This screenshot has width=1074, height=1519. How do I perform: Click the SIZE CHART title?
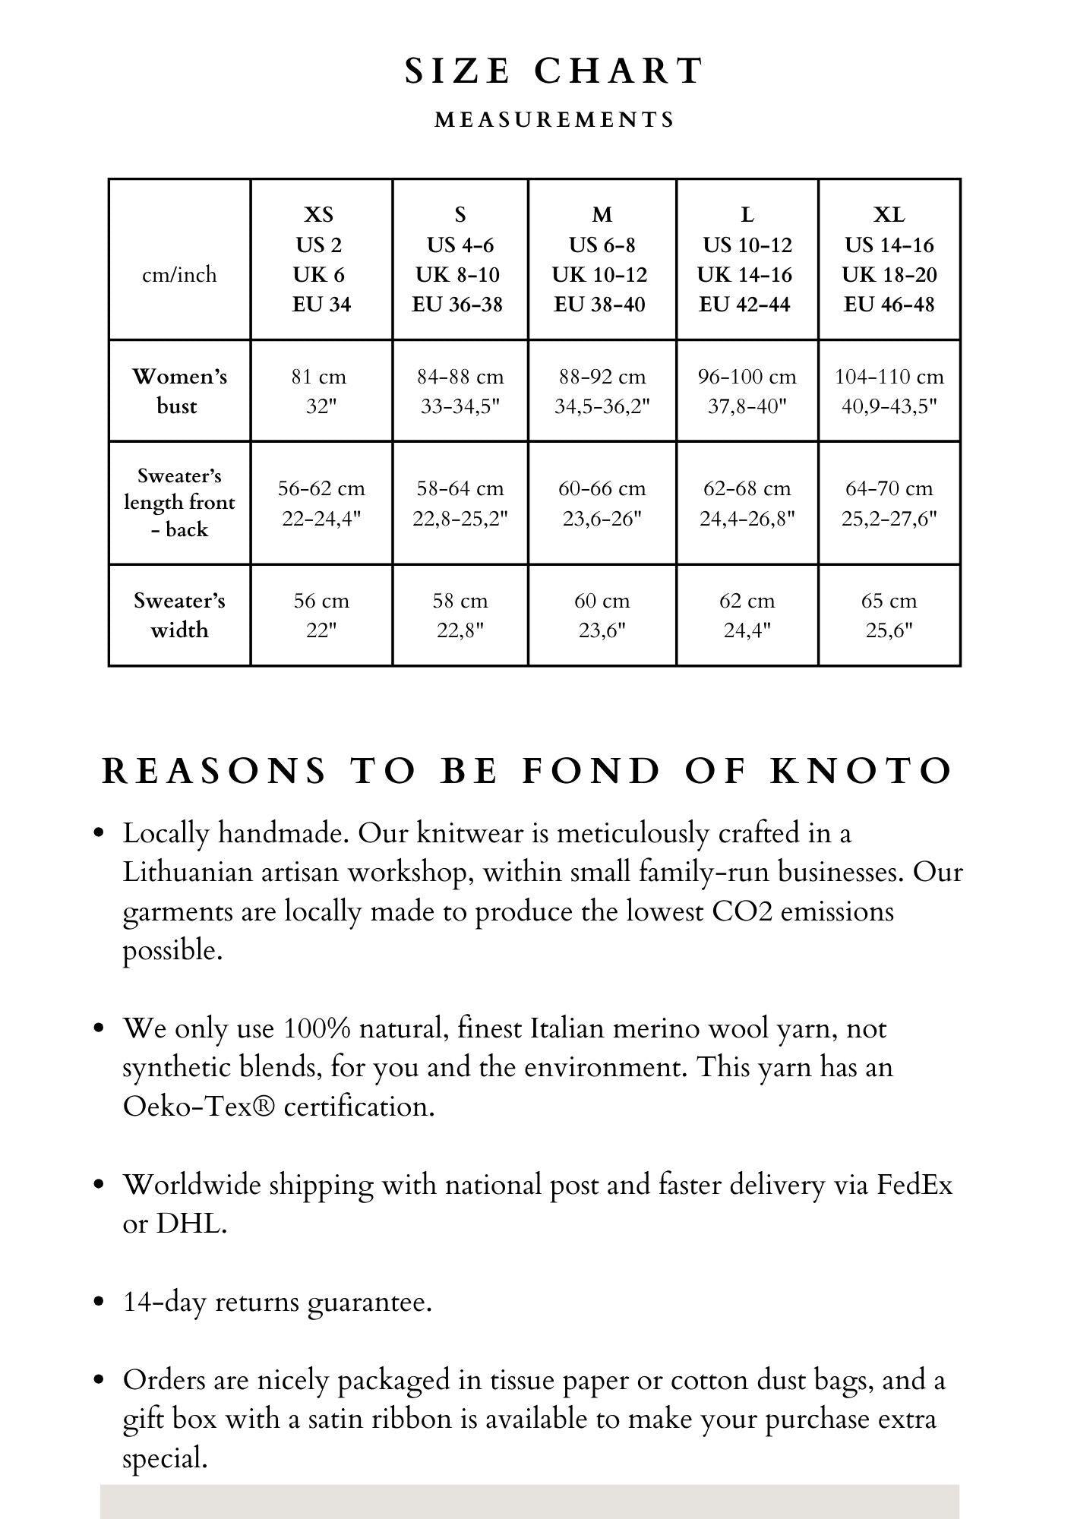[554, 71]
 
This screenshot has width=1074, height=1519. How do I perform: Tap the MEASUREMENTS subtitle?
[554, 120]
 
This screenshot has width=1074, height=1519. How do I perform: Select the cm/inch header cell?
[179, 274]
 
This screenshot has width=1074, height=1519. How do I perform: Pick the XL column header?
[889, 259]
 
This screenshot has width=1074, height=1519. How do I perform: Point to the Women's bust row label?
[179, 390]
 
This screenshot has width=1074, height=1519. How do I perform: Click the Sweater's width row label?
[179, 614]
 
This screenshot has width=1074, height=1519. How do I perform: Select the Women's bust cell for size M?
[602, 390]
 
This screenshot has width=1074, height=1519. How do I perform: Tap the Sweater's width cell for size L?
[747, 614]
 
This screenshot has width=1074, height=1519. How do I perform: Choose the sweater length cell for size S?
[460, 503]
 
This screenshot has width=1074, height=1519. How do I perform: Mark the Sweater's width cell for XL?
[889, 614]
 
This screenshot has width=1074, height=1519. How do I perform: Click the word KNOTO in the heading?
[861, 771]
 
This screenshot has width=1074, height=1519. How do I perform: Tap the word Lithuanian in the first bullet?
[187, 872]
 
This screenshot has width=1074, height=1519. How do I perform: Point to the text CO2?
[742, 911]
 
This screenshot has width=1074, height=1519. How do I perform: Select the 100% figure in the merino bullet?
[317, 1028]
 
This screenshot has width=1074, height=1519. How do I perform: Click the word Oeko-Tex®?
[199, 1107]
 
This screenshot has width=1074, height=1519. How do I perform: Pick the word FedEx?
[914, 1184]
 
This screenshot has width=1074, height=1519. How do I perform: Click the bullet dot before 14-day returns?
[98, 1302]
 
